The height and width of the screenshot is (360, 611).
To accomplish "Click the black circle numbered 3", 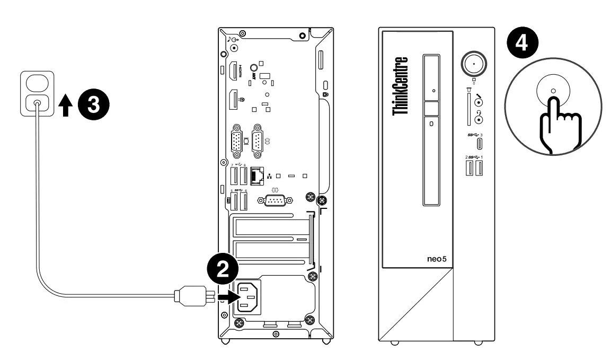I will (94, 104).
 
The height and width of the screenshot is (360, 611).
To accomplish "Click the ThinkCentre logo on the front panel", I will (401, 86).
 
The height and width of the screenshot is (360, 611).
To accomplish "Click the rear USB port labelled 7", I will (234, 175).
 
